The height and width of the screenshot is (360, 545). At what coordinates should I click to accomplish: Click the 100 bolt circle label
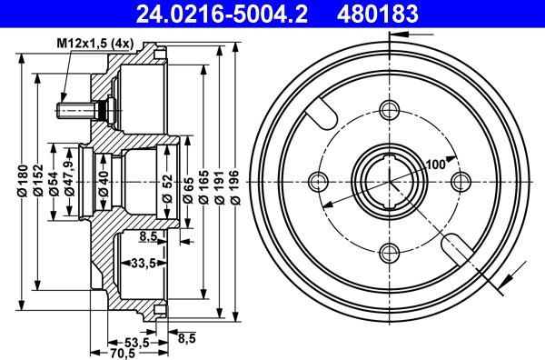[x=435, y=164]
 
